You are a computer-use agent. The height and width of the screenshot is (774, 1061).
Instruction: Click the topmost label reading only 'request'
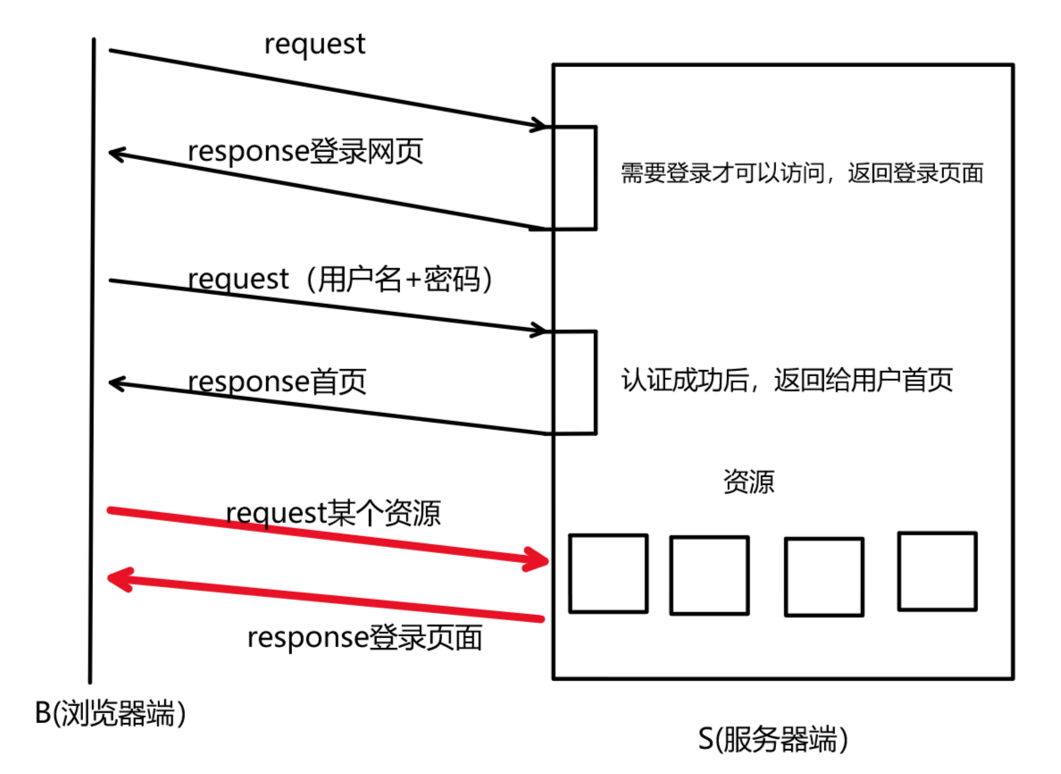click(x=314, y=45)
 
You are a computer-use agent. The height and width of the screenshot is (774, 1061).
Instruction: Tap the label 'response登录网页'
click(x=305, y=151)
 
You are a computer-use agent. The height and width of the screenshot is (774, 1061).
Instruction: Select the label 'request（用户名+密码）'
click(x=340, y=279)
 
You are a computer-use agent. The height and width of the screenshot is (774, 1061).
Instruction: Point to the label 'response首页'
click(x=277, y=382)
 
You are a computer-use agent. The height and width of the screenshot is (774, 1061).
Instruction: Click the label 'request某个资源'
click(x=333, y=514)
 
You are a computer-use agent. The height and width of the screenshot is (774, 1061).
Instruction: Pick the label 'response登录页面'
click(x=364, y=637)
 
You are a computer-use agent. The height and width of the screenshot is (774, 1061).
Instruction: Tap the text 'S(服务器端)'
click(x=773, y=739)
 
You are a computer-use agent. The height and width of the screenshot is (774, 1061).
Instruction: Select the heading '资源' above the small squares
click(x=748, y=482)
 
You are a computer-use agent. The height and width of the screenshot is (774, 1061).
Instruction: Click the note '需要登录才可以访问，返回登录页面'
click(x=801, y=173)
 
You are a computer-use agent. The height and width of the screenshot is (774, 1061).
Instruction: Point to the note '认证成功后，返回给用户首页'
click(x=787, y=380)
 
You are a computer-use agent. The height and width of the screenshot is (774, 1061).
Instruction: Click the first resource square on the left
click(x=608, y=573)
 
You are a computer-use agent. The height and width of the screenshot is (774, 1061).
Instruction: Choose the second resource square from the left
click(x=709, y=575)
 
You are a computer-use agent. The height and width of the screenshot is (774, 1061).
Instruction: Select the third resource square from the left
click(x=823, y=576)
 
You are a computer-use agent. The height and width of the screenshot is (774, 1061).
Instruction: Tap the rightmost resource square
click(x=937, y=571)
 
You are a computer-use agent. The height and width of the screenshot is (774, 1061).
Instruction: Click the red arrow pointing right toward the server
click(x=327, y=536)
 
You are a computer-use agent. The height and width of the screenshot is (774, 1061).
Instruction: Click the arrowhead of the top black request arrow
click(x=539, y=126)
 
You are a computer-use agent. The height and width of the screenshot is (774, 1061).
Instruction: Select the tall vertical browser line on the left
click(x=92, y=358)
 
